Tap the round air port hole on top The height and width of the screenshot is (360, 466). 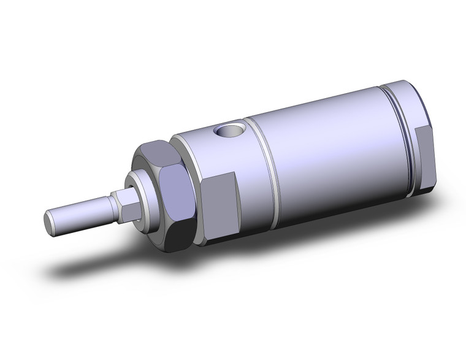pyautogui.click(x=231, y=131)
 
